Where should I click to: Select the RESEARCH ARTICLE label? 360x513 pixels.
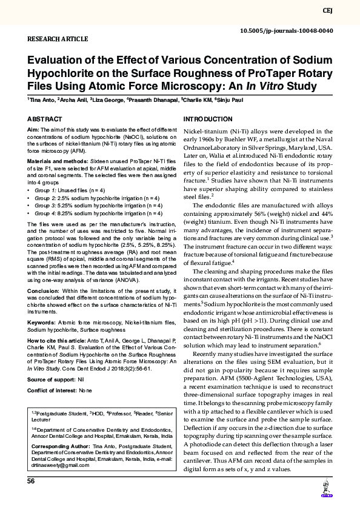coord(58,39)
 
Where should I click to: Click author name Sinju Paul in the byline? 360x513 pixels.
coord(230,99)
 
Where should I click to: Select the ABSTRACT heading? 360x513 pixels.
coord(44,119)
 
